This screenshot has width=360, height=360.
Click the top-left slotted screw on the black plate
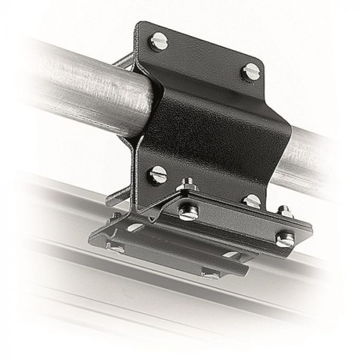tap(160, 43)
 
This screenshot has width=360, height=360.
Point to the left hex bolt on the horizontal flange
tap(188, 212)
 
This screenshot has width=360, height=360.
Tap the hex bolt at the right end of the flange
tap(284, 239)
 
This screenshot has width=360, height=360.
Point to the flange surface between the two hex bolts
tap(237, 225)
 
